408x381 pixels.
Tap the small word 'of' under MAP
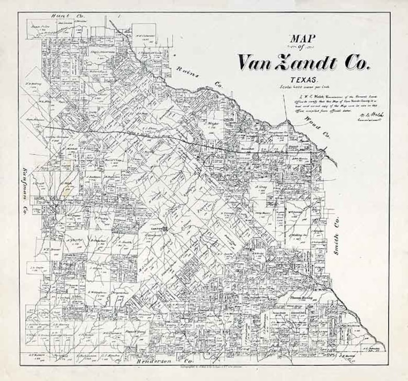click(301, 47)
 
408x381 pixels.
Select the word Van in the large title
click(256, 62)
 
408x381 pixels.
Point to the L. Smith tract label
click(126, 242)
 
